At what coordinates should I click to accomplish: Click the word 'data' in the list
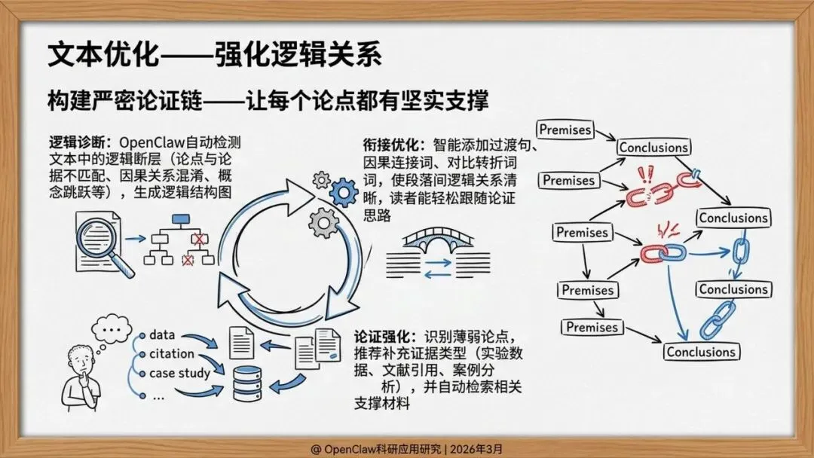[x=162, y=334]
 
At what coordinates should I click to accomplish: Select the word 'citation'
[x=172, y=353]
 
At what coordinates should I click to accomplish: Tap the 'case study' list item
[x=179, y=373]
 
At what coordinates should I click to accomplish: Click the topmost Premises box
[x=565, y=130]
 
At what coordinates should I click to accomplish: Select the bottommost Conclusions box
[x=700, y=352]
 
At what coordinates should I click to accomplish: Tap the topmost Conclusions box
[x=653, y=148]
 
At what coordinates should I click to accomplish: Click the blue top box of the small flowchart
[x=181, y=221]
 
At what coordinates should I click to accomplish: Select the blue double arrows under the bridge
[x=438, y=269]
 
